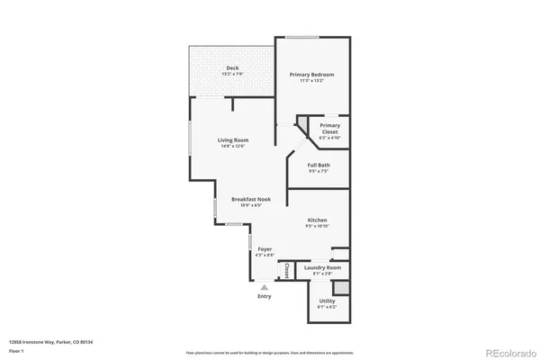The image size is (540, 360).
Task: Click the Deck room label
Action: tap(232, 68)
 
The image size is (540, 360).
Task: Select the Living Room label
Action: tap(233, 140)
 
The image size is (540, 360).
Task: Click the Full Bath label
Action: tap(318, 165)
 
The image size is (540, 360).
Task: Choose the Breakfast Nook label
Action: tap(250, 199)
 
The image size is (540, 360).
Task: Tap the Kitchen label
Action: tap(316, 220)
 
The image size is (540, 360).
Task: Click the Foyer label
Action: tap(265, 248)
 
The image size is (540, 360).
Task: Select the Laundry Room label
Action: tap(322, 267)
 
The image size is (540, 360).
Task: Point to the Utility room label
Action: tap(326, 302)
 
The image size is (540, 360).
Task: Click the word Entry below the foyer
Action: tap(265, 296)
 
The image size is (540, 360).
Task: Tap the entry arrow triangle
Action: tap(265, 287)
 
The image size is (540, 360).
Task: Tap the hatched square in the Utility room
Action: tap(341, 288)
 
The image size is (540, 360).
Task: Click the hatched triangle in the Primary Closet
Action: tap(304, 122)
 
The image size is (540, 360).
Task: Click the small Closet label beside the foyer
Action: tap(287, 268)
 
